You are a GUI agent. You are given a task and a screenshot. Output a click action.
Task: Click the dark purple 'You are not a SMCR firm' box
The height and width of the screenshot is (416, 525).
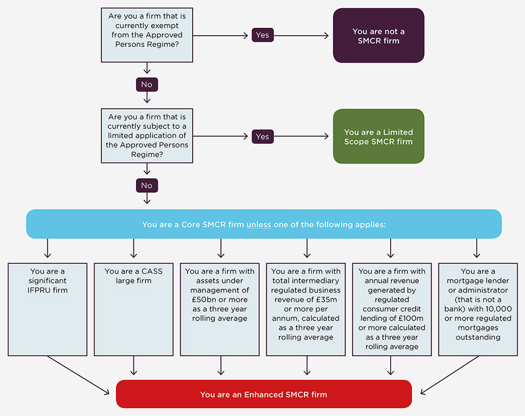378,36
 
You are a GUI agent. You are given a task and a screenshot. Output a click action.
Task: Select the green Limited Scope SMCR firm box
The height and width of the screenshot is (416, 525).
378,136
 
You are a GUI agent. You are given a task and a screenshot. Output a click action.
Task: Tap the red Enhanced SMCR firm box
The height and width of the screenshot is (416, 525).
264,394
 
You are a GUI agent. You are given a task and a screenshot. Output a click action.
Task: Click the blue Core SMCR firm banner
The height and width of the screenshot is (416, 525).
264,224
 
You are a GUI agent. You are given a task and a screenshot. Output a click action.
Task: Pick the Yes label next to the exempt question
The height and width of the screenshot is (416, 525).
262,35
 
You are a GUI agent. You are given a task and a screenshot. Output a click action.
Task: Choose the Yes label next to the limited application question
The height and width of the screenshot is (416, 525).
262,136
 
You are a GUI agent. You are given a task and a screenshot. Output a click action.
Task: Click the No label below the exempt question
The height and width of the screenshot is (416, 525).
146,84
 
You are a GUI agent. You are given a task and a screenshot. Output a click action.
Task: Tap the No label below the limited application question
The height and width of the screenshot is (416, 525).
146,185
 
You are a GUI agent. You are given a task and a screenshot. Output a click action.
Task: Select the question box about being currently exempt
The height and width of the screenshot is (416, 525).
146,35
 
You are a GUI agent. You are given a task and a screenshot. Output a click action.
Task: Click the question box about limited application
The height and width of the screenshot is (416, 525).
146,136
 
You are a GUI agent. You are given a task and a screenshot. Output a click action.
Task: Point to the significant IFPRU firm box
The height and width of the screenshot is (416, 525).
47,310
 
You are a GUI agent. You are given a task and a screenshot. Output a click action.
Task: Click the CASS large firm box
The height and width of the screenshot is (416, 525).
133,310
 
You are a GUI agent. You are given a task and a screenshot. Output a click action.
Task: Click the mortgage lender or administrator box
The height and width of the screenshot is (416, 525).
478,310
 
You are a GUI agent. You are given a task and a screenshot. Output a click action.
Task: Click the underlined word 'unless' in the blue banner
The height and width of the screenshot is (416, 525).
258,225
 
